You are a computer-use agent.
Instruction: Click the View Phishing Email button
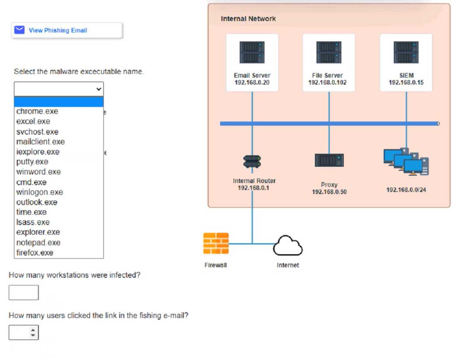(67, 30)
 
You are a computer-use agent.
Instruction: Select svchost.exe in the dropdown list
(37, 132)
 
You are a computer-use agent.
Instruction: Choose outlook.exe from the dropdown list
(37, 202)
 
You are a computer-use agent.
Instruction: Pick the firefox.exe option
(35, 253)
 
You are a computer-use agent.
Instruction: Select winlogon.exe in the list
(39, 192)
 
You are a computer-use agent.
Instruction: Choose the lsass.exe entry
(33, 222)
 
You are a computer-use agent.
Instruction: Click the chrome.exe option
(37, 111)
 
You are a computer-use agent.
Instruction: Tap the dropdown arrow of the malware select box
(99, 89)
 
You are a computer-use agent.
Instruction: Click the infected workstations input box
(23, 293)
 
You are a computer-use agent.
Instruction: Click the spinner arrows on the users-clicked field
(33, 332)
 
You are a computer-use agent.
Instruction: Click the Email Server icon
(252, 52)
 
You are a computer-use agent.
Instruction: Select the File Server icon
(329, 52)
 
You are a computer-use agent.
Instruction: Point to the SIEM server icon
(406, 52)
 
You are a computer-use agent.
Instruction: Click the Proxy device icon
(329, 160)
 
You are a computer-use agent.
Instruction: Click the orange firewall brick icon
(216, 243)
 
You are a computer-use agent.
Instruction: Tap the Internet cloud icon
(288, 245)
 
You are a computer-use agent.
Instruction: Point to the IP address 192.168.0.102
(327, 83)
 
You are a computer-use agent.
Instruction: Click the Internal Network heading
(248, 19)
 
